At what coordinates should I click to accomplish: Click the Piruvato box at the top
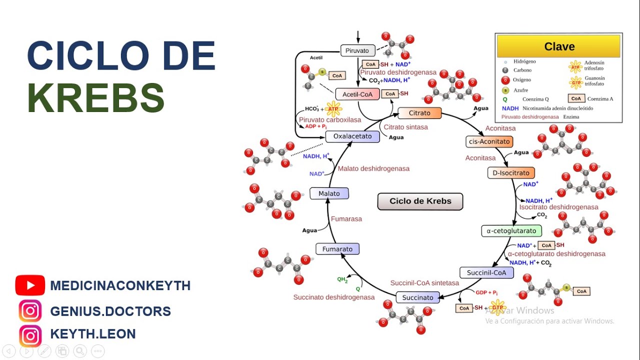(357, 50)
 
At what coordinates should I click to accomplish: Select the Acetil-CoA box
(357, 94)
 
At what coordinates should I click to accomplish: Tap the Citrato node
(419, 113)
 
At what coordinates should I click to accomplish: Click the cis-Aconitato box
(488, 141)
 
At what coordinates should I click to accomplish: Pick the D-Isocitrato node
(510, 173)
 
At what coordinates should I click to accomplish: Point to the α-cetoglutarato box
(511, 230)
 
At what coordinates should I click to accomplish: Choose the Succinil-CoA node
(486, 272)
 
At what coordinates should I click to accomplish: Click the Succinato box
(417, 297)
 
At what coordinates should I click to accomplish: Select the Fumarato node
(337, 249)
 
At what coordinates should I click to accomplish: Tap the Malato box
(329, 193)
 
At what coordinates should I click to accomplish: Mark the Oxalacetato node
(352, 136)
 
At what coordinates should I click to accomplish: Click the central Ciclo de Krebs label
(420, 201)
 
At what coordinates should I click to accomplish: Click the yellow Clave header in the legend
(558, 46)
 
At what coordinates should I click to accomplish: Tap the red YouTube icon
(30, 285)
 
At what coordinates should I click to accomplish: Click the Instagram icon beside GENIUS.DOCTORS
(30, 311)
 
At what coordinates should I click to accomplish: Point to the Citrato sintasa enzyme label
(405, 127)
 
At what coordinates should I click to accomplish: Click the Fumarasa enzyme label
(346, 218)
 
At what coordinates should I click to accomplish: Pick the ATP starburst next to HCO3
(333, 108)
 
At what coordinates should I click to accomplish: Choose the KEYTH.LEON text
(93, 334)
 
